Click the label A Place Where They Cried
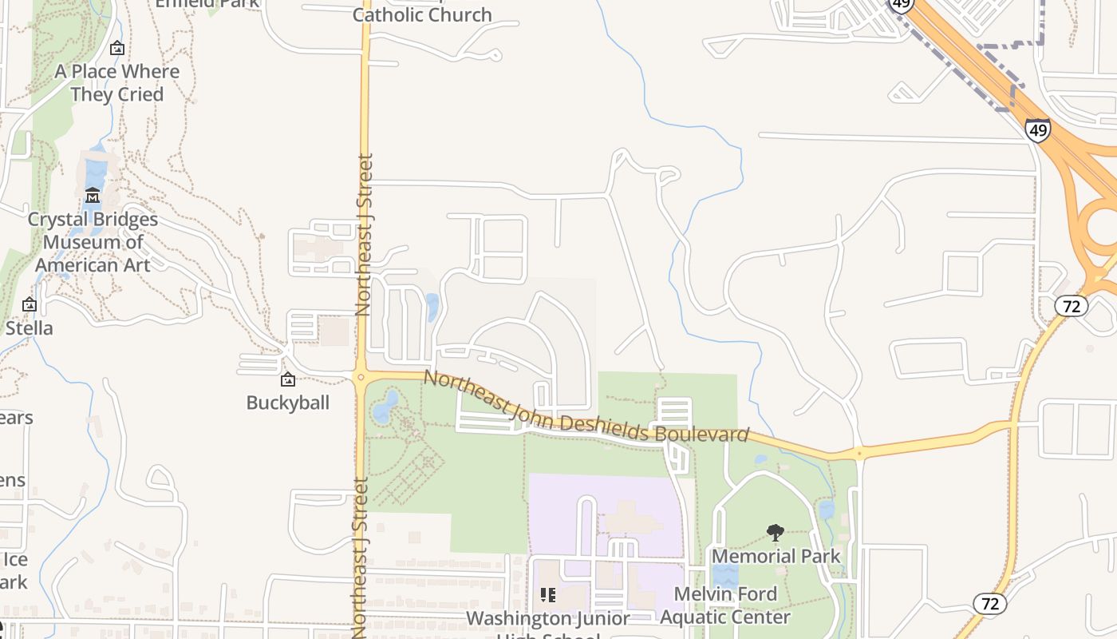click(x=117, y=82)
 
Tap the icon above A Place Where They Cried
click(x=117, y=49)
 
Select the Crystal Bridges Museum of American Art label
click(x=93, y=241)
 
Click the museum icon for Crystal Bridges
click(x=93, y=196)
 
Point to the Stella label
click(x=30, y=327)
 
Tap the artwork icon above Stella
click(x=30, y=304)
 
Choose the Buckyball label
click(x=287, y=402)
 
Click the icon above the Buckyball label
click(x=287, y=379)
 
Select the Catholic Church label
click(x=422, y=14)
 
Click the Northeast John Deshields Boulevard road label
click(x=586, y=407)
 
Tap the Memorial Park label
click(x=776, y=556)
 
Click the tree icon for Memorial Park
click(x=775, y=533)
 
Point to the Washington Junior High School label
click(x=548, y=619)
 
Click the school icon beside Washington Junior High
click(x=548, y=595)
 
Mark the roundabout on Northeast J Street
click(x=360, y=377)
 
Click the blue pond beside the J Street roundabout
click(x=384, y=407)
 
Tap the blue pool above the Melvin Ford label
click(x=724, y=575)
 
